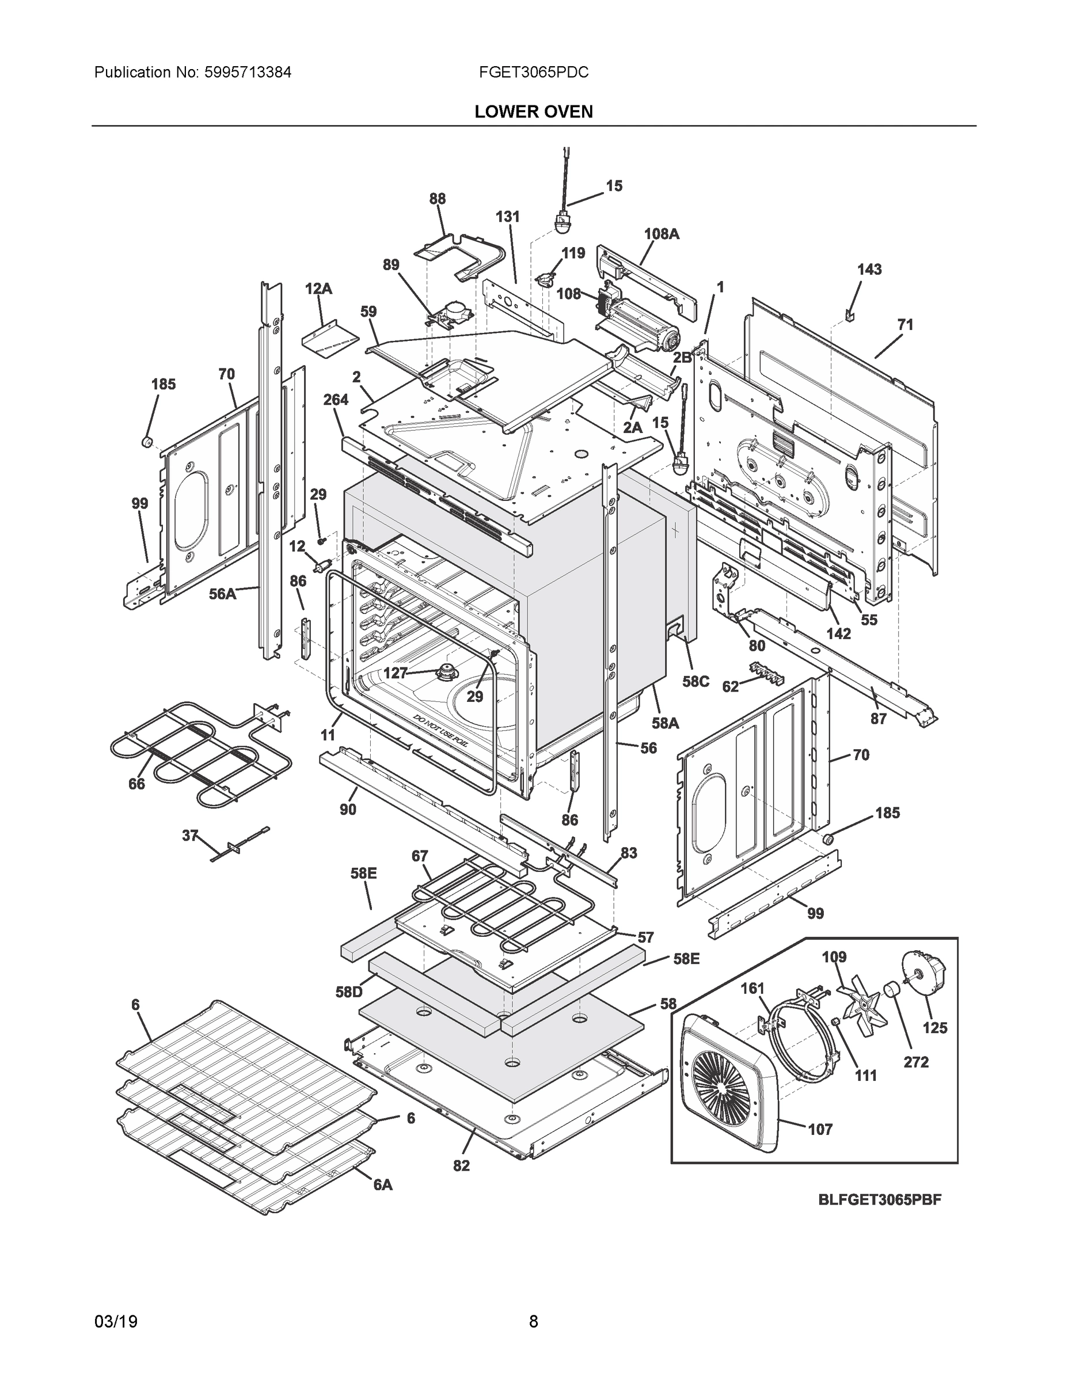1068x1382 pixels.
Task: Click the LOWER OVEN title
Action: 533,112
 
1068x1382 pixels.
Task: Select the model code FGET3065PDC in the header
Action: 533,72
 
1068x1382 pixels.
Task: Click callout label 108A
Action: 661,234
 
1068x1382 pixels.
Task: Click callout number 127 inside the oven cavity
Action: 396,673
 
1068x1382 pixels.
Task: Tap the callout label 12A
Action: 318,289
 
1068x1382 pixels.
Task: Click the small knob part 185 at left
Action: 147,441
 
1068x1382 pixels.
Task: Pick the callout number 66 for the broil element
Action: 136,783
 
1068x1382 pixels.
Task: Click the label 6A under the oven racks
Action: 382,1184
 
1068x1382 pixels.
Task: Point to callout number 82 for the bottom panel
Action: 461,1165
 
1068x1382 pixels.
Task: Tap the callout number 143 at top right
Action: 869,269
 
